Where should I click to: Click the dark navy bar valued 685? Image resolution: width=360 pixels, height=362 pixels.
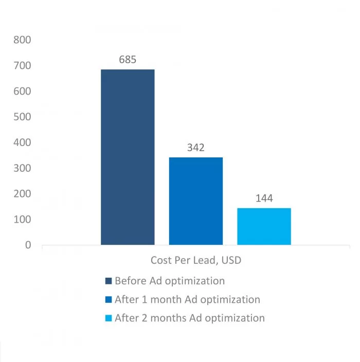coord(128,157)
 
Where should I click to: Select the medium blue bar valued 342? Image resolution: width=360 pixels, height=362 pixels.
coord(196,201)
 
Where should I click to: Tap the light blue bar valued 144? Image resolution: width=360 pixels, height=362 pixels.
coord(264,226)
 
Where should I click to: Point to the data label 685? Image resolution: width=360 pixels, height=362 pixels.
coord(128,60)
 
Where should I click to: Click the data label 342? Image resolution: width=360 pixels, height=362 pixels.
coord(196,148)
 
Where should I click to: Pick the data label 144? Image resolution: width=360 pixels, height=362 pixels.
coord(264,198)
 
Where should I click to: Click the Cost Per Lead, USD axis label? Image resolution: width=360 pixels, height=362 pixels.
coord(196,261)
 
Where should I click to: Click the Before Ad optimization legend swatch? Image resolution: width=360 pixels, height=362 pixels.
coord(108,281)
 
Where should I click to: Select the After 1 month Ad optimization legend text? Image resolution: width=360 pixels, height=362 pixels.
coord(187,299)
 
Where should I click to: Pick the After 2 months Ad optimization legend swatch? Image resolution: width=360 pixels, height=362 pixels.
coord(108,318)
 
